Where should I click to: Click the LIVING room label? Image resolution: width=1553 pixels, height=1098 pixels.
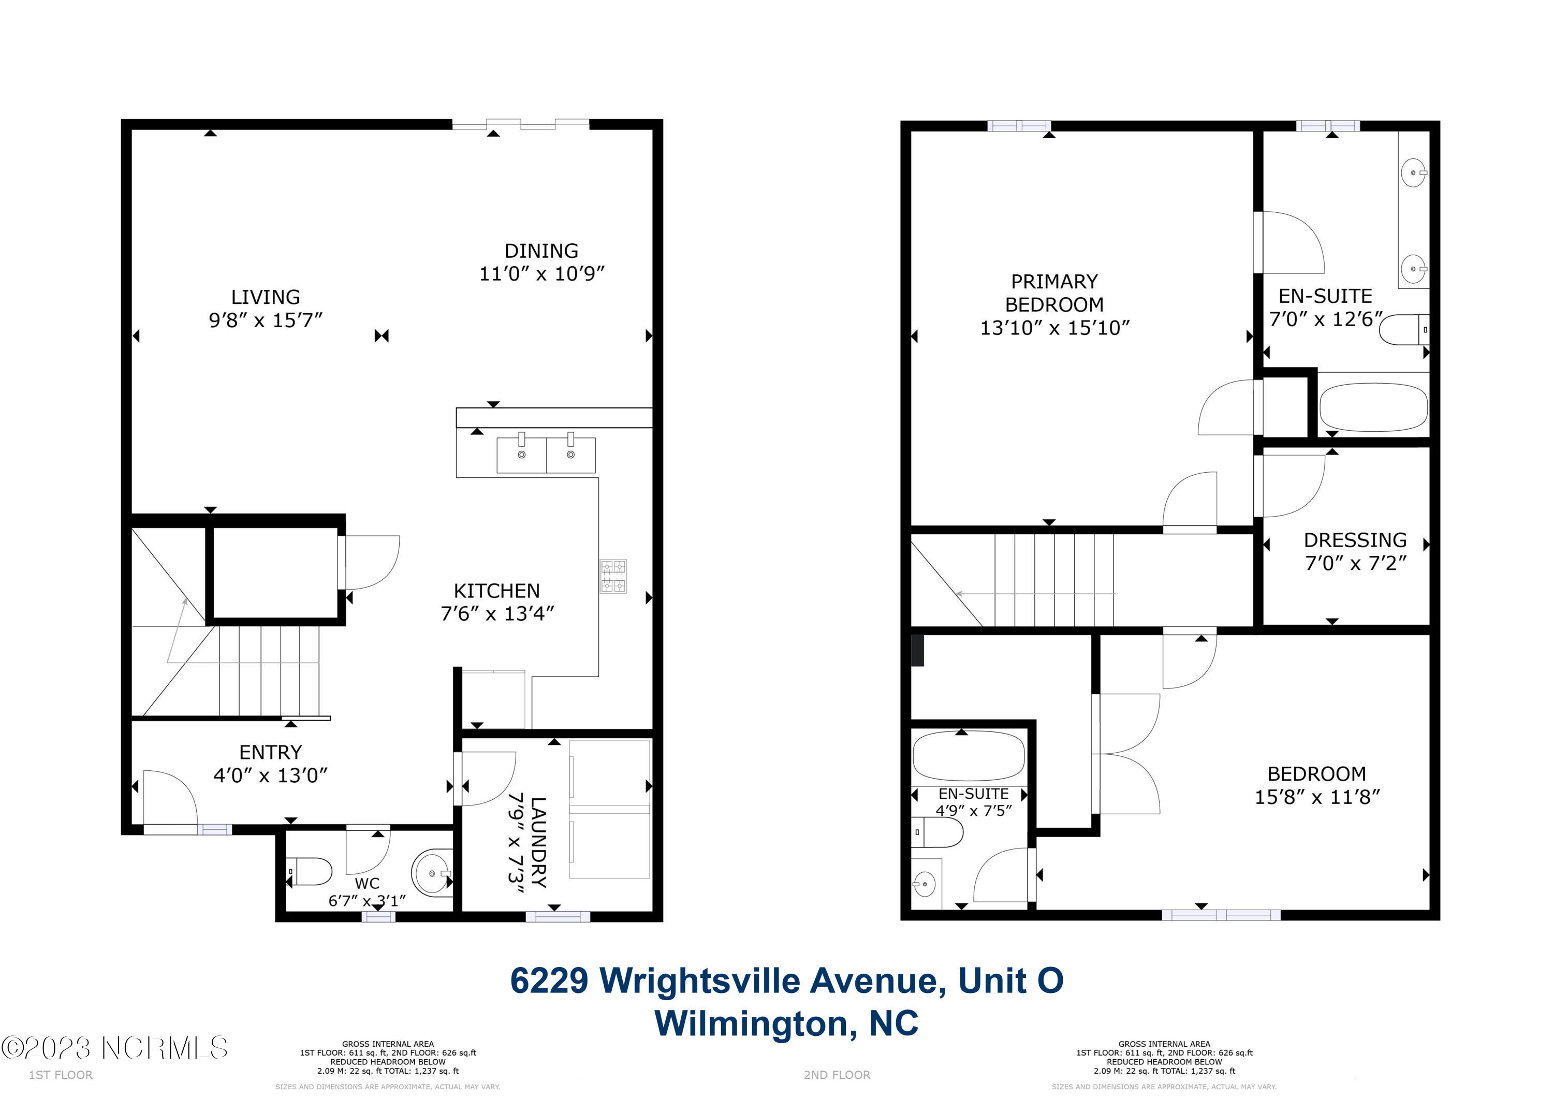pyautogui.click(x=265, y=297)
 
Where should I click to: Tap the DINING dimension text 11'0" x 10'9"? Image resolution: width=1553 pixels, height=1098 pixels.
pyautogui.click(x=542, y=273)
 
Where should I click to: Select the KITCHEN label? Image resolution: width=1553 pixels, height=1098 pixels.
pyautogui.click(x=496, y=591)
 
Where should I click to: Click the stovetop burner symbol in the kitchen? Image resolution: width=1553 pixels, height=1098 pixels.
pyautogui.click(x=613, y=576)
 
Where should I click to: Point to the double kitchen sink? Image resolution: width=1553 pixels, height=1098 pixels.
pyautogui.click(x=547, y=454)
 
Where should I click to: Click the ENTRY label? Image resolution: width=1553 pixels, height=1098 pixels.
pyautogui.click(x=271, y=752)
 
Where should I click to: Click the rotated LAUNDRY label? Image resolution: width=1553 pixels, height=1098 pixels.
pyautogui.click(x=538, y=842)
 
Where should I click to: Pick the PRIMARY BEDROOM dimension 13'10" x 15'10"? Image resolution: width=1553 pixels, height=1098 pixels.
pyautogui.click(x=1055, y=328)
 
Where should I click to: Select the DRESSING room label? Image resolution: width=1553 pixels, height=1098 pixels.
pyautogui.click(x=1355, y=540)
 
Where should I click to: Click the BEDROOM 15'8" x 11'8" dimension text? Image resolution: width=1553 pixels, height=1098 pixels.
pyautogui.click(x=1317, y=797)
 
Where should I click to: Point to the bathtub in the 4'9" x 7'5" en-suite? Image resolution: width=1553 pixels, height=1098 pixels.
pyautogui.click(x=969, y=756)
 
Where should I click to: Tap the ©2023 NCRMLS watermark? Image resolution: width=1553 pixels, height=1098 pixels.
pyautogui.click(x=114, y=1048)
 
